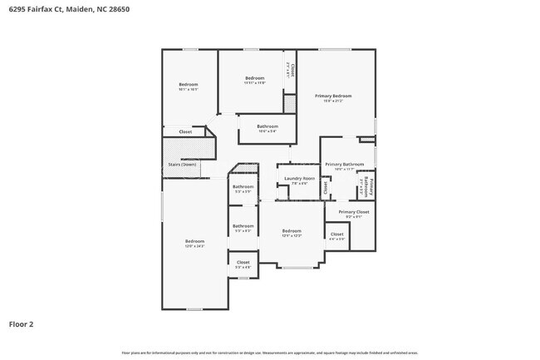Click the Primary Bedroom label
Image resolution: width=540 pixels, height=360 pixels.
coord(333,96)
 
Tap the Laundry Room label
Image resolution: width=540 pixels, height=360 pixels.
coord(299,178)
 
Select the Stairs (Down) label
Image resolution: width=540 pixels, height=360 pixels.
coord(183,165)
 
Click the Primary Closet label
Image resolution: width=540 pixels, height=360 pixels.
coord(353,211)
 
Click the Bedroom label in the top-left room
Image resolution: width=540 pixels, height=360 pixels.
coord(189,84)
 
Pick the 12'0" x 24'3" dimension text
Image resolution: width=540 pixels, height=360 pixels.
coord(194,246)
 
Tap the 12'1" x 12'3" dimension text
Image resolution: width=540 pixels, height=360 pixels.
coord(291,235)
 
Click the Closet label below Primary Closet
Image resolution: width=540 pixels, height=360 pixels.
coord(336,234)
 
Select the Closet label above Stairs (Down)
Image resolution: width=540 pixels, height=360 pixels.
coord(185,131)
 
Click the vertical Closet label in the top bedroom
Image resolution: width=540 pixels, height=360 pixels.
coord(292,70)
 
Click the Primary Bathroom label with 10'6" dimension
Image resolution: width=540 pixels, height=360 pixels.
coord(344,164)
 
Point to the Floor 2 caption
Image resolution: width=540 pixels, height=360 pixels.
coord(21,323)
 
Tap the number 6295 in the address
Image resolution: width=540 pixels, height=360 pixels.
coord(15,10)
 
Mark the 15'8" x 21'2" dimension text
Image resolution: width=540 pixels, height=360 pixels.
coord(333,101)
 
